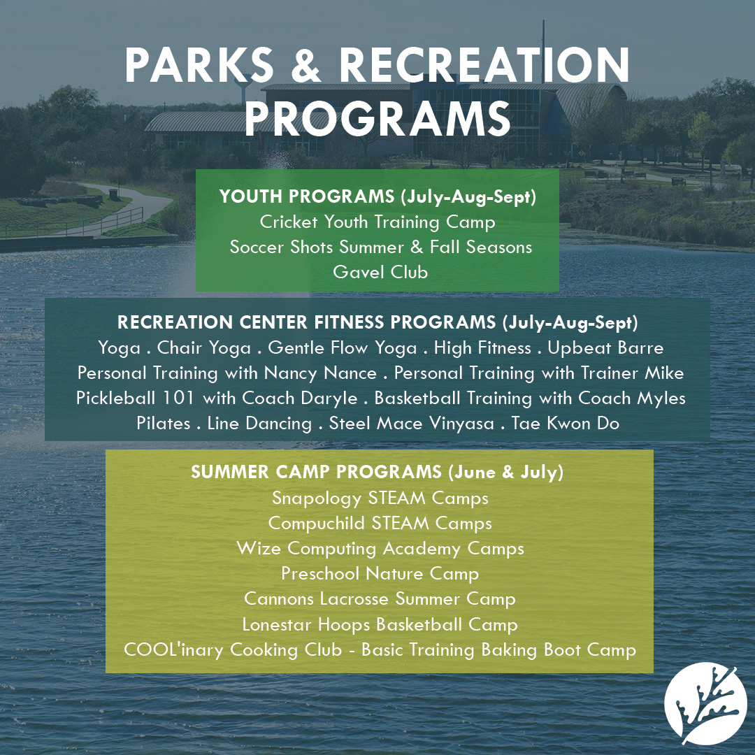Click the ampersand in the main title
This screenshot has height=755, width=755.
pos(305,65)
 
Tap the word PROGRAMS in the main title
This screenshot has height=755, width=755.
pos(377,118)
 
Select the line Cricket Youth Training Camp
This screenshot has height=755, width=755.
pos(377,222)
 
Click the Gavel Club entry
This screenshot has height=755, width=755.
pos(380,272)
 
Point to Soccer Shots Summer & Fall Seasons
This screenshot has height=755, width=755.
pos(381,247)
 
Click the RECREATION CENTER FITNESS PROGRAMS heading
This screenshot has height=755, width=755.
pos(306,322)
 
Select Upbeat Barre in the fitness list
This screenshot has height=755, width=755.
pos(605,347)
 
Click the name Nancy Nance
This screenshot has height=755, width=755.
pos(321,373)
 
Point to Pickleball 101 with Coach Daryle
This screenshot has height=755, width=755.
pos(217,398)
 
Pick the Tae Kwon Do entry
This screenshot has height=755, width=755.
pos(566,423)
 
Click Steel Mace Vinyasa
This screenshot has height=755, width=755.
pos(412,424)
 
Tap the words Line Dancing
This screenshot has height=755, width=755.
pos(259,424)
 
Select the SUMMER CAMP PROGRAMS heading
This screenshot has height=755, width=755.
pos(317,472)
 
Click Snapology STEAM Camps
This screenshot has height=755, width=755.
pos(380,498)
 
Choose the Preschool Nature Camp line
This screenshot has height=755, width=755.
pos(380,573)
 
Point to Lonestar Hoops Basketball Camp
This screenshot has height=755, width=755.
pos(380,624)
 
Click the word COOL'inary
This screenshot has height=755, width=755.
pos(173,650)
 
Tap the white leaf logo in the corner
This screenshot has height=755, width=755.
pos(705,704)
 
